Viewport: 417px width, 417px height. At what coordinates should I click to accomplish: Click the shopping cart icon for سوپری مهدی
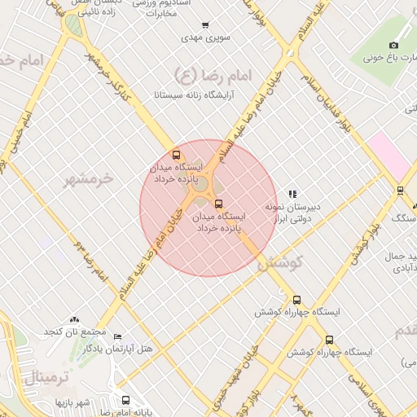pyautogui.click(x=205, y=25)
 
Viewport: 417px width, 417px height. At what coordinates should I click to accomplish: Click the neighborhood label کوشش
pyautogui.click(x=280, y=263)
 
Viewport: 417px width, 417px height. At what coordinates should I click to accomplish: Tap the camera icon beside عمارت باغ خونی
pyautogui.click(x=394, y=45)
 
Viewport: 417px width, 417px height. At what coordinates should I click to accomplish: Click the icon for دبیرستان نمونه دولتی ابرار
pyautogui.click(x=292, y=194)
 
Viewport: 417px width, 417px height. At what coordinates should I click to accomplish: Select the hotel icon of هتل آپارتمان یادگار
pyautogui.click(x=118, y=337)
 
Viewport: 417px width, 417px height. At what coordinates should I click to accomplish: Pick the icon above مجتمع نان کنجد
pyautogui.click(x=76, y=319)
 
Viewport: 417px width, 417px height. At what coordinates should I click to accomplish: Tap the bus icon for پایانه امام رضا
pyautogui.click(x=125, y=401)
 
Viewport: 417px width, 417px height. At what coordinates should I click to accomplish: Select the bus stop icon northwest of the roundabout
pyautogui.click(x=177, y=155)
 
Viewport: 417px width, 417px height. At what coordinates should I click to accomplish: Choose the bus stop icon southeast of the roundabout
pyautogui.click(x=217, y=204)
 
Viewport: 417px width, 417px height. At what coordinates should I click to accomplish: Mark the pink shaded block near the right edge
pyautogui.click(x=388, y=155)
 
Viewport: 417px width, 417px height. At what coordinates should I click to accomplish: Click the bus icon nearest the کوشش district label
pyautogui.click(x=296, y=300)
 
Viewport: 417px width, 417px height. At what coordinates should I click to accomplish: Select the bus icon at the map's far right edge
pyautogui.click(x=400, y=191)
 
